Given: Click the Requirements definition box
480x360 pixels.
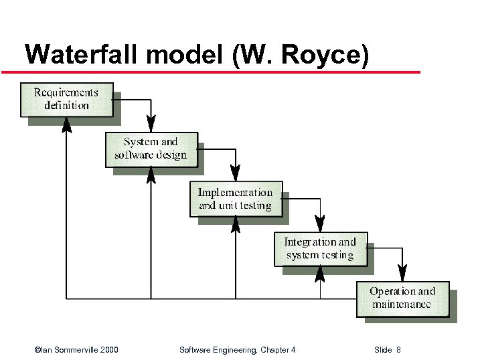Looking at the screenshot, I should click(x=66, y=99).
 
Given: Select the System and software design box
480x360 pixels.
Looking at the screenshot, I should click(x=151, y=149).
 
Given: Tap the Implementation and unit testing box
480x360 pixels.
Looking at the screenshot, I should click(x=236, y=199).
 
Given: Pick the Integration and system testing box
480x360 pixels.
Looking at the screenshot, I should click(x=320, y=248).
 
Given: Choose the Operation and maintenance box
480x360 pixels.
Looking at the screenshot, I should click(x=402, y=298).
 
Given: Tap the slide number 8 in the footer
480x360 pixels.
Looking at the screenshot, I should click(x=398, y=350).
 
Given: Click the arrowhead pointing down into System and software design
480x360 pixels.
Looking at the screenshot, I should click(x=151, y=124).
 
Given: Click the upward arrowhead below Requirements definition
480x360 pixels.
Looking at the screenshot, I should click(x=66, y=124).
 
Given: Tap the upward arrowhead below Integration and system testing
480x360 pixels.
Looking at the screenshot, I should click(x=320, y=274).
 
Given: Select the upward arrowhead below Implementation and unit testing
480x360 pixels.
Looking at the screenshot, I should click(x=236, y=224).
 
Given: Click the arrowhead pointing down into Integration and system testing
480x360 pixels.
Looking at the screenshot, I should click(x=320, y=223).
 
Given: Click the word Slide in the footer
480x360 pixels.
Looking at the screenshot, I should click(x=383, y=350).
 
